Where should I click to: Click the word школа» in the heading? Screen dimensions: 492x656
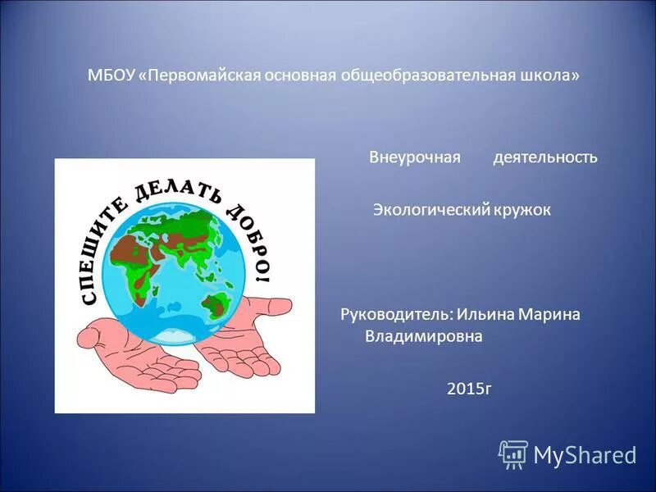pos(550,75)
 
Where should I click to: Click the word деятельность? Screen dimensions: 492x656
pos(544,157)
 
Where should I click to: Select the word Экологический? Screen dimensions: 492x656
pos(431,210)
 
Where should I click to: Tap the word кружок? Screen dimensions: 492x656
pos(522,210)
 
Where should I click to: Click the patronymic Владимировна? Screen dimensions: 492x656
pos(423,337)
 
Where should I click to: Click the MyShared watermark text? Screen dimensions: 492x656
pos(585,454)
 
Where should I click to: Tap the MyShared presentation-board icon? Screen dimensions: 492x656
pos(513,453)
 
